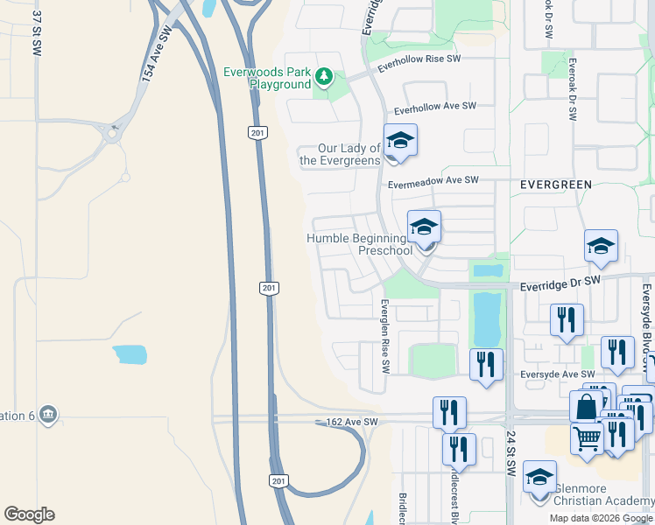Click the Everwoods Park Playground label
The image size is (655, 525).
pos(267,78)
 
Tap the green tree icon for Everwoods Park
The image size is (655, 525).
pos(324,77)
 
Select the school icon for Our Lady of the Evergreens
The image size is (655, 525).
pos(400,141)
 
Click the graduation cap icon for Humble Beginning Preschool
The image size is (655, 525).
pos(424,227)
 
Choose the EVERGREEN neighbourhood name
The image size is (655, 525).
pos(555,185)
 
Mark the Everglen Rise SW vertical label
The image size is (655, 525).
pos(384,334)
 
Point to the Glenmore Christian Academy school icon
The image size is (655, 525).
pos(539,478)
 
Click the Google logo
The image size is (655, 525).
pos(29,514)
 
